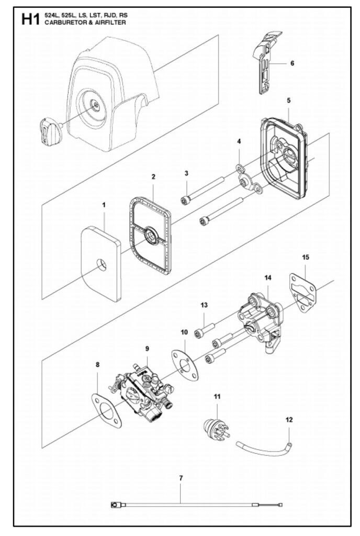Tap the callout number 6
pos(292,63)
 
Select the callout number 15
pos(306,256)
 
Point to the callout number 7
pos(181,478)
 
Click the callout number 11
pos(217,397)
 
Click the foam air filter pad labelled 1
pos(101,263)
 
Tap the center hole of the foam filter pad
pos(101,264)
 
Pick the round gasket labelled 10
pos(185,364)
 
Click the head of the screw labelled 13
pos(199,333)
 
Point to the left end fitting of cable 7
pos(115,504)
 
